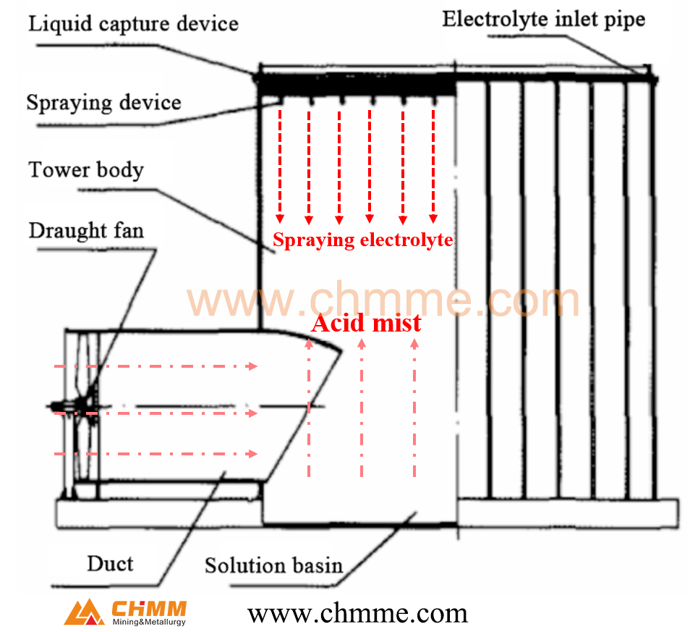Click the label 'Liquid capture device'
[133, 24]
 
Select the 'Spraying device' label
[103, 101]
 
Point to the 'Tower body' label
[86, 170]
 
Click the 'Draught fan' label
[86, 231]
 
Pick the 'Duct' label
[110, 563]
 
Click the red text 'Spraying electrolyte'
[362, 240]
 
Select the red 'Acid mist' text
[366, 323]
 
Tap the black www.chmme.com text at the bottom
[357, 614]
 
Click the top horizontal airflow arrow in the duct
[156, 366]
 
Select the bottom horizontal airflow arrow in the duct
[156, 454]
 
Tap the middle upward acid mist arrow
[362, 409]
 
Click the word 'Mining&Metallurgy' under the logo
[149, 621]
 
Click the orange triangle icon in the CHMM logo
[84, 612]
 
